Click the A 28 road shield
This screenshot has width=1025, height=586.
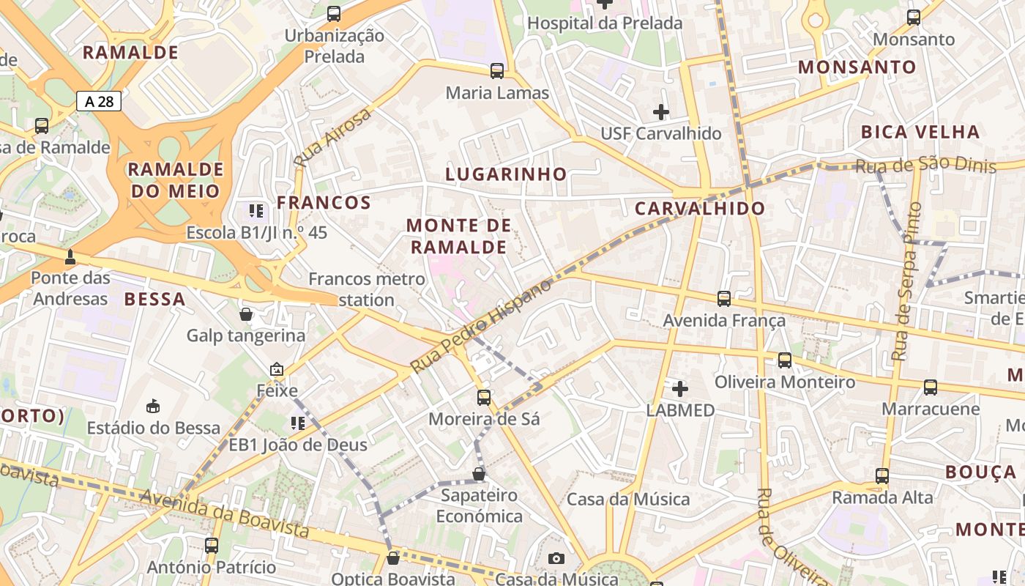click(99, 101)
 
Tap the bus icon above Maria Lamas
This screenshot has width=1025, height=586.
click(497, 71)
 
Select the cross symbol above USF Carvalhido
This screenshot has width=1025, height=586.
click(661, 112)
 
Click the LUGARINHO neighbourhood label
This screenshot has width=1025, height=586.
click(507, 174)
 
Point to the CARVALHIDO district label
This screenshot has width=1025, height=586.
click(700, 208)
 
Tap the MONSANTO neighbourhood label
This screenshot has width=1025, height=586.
click(857, 67)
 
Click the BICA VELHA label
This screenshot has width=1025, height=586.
click(920, 133)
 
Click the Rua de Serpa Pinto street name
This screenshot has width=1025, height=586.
click(906, 282)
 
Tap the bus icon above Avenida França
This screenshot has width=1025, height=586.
click(724, 299)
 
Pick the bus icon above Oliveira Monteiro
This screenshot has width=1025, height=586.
click(785, 360)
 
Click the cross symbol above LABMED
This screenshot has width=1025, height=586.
click(680, 388)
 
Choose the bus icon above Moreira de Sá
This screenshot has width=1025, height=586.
click(484, 398)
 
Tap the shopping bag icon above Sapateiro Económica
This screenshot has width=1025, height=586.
click(479, 474)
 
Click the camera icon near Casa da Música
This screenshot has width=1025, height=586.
click(556, 559)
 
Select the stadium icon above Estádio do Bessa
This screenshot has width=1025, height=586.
click(153, 406)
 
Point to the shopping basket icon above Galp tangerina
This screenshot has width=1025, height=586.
click(246, 314)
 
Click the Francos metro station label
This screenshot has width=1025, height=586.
click(367, 289)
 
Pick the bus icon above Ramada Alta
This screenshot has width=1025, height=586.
click(882, 476)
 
